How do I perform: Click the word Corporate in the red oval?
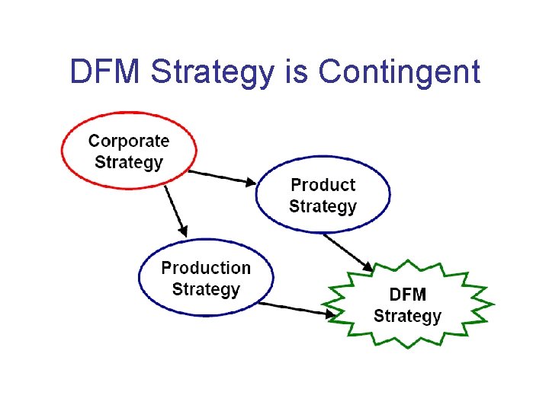click(129, 141)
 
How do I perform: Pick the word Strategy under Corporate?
click(129, 162)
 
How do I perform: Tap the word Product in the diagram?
click(323, 185)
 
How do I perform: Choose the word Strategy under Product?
click(323, 206)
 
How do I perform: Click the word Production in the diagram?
click(206, 268)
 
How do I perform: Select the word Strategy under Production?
click(206, 289)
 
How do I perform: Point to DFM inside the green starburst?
click(408, 295)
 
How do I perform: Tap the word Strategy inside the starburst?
click(407, 316)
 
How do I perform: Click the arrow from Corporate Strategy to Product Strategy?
click(222, 177)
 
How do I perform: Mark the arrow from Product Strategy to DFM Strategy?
click(347, 252)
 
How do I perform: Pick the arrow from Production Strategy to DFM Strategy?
click(294, 308)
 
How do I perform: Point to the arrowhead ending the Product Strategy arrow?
click(368, 268)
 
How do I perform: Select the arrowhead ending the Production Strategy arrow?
click(330, 313)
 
